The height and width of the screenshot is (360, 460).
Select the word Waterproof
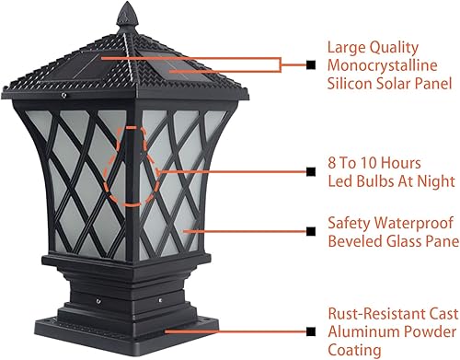(x=411, y=224)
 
